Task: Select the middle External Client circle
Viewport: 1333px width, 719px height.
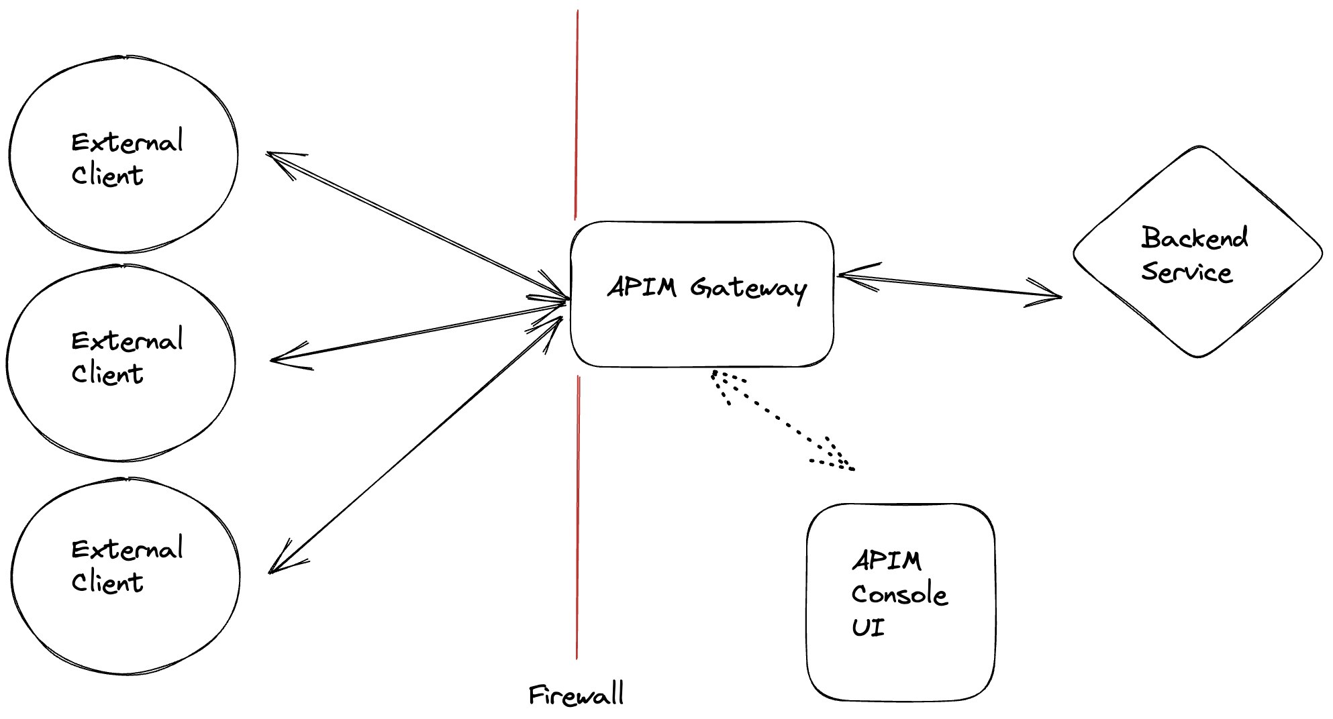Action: click(121, 363)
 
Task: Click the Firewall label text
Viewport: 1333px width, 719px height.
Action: click(577, 695)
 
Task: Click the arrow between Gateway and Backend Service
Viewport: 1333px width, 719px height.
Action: click(949, 285)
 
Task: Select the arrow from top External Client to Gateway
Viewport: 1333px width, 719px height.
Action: click(416, 225)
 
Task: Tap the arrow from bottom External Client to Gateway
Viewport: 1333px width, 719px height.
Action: click(416, 444)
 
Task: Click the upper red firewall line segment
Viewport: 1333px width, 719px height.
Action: click(576, 114)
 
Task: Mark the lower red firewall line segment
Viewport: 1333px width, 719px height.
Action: click(577, 516)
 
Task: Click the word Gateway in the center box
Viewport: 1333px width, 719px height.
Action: click(748, 288)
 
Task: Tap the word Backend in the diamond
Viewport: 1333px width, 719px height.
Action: click(1195, 237)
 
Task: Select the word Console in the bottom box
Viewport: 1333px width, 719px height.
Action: click(899, 594)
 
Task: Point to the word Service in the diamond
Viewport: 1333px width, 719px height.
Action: click(1187, 272)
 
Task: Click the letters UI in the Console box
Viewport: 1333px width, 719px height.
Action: click(868, 628)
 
